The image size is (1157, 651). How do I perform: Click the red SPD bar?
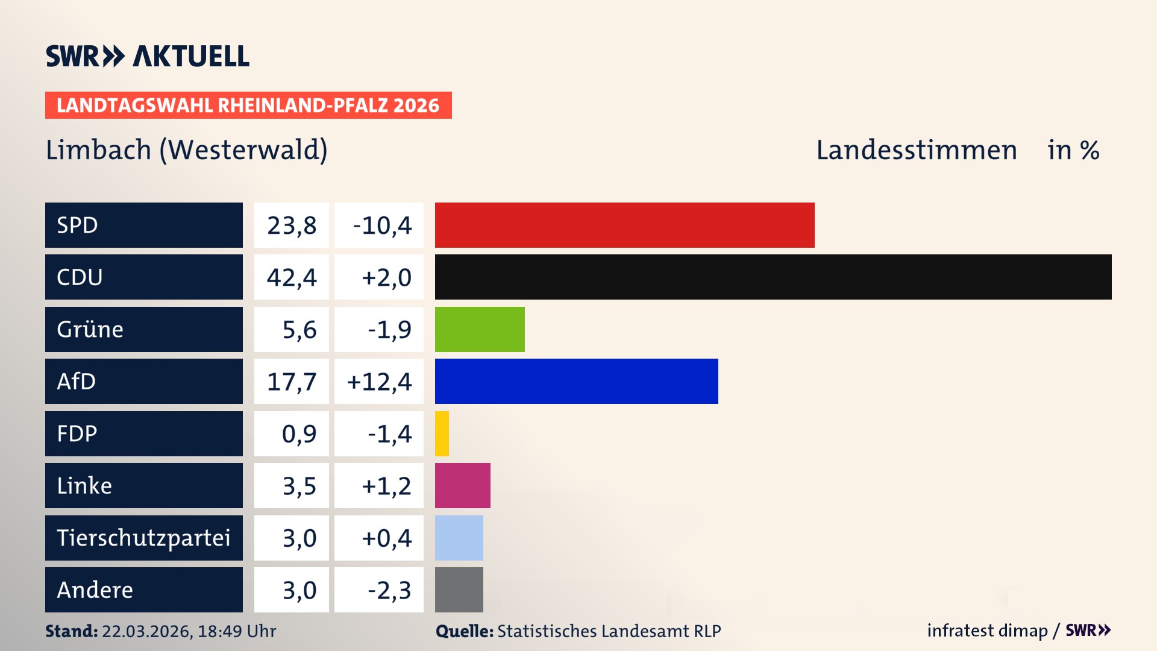(x=624, y=225)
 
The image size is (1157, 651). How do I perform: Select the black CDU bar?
(x=773, y=277)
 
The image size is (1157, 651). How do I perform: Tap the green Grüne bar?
(x=480, y=329)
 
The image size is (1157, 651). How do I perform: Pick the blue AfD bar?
(x=576, y=381)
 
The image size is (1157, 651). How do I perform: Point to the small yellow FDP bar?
(x=442, y=433)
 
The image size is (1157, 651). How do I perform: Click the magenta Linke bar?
(x=462, y=485)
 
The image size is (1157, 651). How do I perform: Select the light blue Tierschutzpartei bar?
(x=459, y=538)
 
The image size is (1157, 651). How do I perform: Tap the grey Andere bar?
(x=459, y=590)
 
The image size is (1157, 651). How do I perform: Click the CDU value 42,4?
(x=292, y=277)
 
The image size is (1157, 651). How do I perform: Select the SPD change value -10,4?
(x=382, y=225)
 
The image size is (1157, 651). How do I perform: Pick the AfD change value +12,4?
(x=379, y=382)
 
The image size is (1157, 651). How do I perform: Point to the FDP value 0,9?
(x=299, y=434)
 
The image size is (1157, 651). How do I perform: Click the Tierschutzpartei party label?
(x=143, y=538)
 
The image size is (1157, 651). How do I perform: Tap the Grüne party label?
(x=90, y=329)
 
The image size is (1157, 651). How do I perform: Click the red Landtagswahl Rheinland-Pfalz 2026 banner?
(x=248, y=105)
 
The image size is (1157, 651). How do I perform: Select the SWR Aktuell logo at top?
(x=147, y=57)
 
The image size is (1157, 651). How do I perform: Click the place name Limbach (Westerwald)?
(x=186, y=150)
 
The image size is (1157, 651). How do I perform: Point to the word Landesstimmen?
(x=916, y=150)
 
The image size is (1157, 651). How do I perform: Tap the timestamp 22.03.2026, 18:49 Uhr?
(x=189, y=631)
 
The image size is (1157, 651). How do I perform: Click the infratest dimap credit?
(x=987, y=631)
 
